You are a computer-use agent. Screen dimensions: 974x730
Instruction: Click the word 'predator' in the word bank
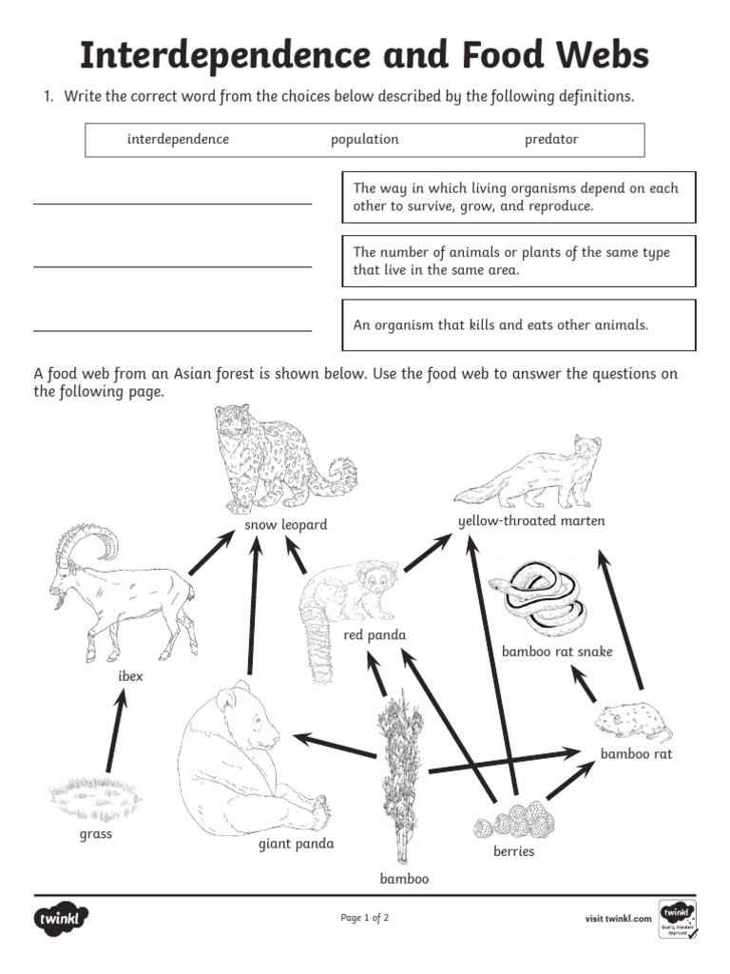click(551, 140)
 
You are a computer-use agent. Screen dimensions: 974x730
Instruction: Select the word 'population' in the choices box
click(365, 140)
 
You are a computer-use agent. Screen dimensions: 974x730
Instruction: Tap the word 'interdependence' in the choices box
click(179, 140)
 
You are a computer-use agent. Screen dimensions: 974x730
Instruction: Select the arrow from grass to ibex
click(115, 730)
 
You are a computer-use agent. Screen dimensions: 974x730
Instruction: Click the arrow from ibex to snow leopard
click(212, 554)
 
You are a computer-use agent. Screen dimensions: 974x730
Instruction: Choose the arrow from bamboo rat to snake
click(583, 684)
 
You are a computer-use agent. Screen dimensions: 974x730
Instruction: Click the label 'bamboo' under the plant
click(404, 879)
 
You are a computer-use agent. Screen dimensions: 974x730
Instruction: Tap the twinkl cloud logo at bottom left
click(63, 920)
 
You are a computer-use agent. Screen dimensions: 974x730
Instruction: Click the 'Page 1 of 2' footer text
click(365, 918)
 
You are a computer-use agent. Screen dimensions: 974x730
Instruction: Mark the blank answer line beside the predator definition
click(172, 330)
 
